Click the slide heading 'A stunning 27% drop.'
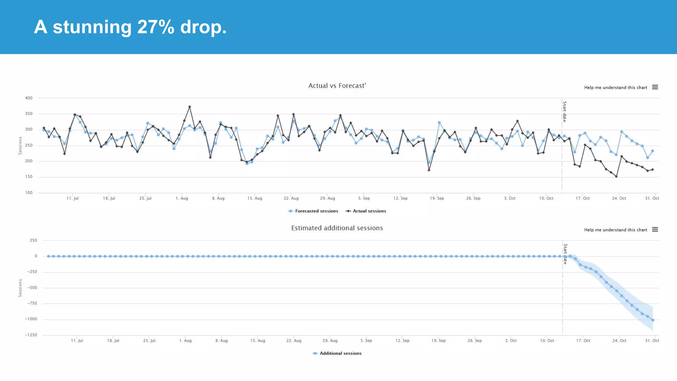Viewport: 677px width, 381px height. click(x=130, y=27)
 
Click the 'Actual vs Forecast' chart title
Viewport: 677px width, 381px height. click(x=337, y=86)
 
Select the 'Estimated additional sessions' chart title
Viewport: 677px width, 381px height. click(x=337, y=228)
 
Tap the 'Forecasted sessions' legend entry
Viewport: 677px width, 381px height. click(x=313, y=211)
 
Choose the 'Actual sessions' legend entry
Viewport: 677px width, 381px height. click(x=366, y=211)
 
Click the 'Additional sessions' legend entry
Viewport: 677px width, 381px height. click(x=337, y=353)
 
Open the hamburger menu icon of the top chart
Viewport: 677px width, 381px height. click(x=655, y=87)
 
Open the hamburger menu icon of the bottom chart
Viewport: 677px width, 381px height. click(x=655, y=230)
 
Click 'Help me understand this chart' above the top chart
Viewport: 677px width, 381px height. click(x=615, y=88)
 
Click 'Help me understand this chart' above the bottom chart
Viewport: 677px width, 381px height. click(x=615, y=230)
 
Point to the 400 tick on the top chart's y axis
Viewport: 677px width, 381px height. click(x=29, y=98)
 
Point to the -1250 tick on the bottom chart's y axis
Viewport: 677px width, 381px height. click(x=31, y=335)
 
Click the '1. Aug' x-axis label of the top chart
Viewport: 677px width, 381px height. click(x=182, y=198)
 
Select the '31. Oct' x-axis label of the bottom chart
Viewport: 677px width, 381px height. click(x=652, y=341)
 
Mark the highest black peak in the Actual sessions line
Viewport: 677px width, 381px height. click(x=189, y=107)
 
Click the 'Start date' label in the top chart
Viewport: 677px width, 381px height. click(x=565, y=112)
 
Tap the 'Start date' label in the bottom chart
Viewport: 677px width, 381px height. click(x=565, y=254)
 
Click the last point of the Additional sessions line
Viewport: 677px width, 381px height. click(x=653, y=320)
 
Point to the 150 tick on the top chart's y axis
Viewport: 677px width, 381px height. click(x=29, y=177)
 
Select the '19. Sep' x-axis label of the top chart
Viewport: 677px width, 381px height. click(x=437, y=198)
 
